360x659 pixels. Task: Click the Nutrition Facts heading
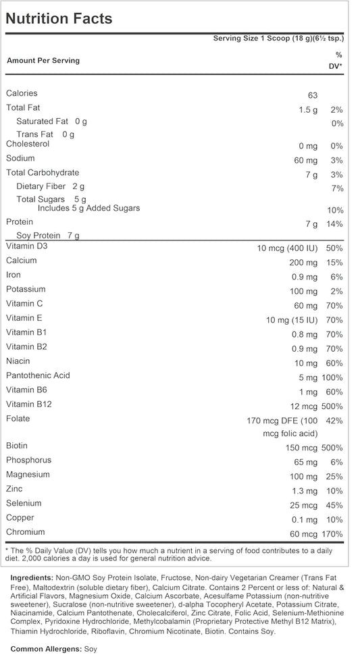(x=59, y=18)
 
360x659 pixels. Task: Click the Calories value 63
(x=311, y=95)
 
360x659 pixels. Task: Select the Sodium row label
(x=21, y=159)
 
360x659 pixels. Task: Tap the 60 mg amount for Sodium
(x=305, y=160)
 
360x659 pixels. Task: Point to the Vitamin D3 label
(x=26, y=246)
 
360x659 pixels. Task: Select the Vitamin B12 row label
(x=29, y=404)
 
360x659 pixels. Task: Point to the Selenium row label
(x=24, y=503)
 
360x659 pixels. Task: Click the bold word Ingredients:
(x=32, y=578)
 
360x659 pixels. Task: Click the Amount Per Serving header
(x=43, y=61)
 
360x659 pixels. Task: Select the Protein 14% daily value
(x=334, y=223)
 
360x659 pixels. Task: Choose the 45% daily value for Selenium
(x=334, y=505)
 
